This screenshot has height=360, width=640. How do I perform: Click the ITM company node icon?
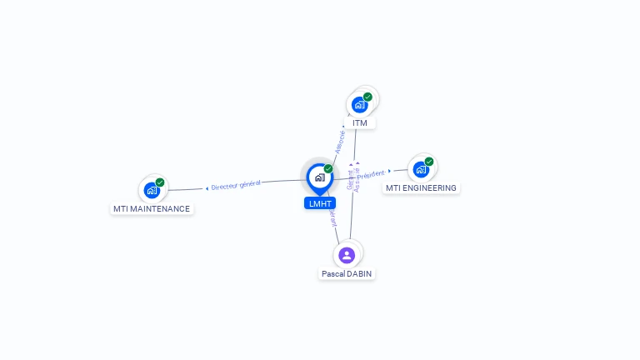coord(359,104)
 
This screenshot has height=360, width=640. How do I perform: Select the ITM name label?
coord(360,123)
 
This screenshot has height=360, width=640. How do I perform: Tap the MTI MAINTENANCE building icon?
coord(151,190)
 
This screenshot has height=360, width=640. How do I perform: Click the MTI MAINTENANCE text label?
coord(152,209)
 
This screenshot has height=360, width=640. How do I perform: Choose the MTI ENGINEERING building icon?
coord(421,169)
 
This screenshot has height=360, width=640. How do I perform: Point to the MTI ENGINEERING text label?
coord(421,188)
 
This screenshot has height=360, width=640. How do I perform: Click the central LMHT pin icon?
coord(319,177)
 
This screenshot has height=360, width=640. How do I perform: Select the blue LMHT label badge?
coord(320,203)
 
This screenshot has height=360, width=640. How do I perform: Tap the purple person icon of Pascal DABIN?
coord(347,255)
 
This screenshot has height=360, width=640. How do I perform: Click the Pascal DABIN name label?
coord(347,273)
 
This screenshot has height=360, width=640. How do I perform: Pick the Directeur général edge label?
coord(236,185)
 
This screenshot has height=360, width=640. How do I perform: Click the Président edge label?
coord(371,175)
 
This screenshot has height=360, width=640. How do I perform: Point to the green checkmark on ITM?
coord(367,97)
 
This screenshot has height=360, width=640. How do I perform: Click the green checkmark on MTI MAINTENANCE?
coord(160,182)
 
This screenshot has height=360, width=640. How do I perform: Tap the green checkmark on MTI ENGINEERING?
coord(429,162)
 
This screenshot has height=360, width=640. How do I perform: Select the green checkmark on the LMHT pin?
coord(328,169)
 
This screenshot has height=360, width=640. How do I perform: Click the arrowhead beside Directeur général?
coord(207,188)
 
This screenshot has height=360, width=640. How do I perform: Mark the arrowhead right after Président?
coord(390,171)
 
